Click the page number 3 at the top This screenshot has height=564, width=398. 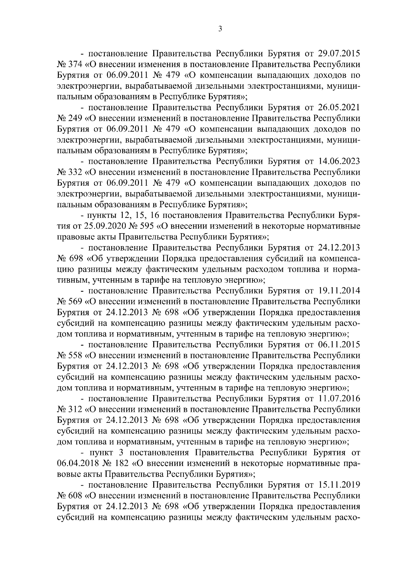tap(220, 29)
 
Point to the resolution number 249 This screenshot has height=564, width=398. tap(75, 118)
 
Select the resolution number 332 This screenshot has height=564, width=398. tap(75, 172)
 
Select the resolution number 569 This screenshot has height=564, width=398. tap(75, 302)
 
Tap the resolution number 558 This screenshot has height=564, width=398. tap(75, 355)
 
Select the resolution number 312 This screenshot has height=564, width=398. tap(75, 409)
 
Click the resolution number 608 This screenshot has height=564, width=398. tap(75, 496)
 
